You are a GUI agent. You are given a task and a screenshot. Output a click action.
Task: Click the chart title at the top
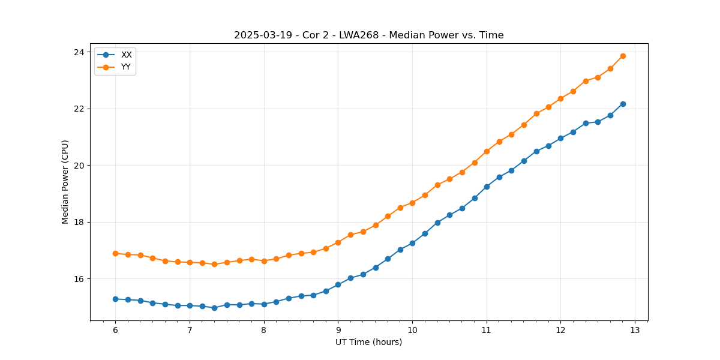(x=368, y=35)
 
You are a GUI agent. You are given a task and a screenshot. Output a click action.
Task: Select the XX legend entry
(x=126, y=55)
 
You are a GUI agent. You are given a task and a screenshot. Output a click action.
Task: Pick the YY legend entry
(x=126, y=67)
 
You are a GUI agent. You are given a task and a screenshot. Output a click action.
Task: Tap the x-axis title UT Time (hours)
(x=368, y=342)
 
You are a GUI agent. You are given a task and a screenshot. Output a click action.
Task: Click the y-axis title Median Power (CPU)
(x=65, y=182)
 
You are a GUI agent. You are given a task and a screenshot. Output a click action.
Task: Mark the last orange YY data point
(x=623, y=56)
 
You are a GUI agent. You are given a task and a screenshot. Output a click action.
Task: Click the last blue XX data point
(x=623, y=104)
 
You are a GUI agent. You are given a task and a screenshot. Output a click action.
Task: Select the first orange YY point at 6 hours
(x=115, y=253)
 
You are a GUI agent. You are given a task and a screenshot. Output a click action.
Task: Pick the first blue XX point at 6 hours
(x=115, y=299)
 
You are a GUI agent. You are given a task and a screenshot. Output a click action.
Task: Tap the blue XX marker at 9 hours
(x=338, y=284)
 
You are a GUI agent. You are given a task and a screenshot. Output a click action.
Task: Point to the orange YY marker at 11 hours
(x=487, y=151)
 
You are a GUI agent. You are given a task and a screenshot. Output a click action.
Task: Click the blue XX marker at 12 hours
(x=560, y=138)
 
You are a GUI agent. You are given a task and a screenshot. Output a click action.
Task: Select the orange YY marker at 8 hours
(x=264, y=261)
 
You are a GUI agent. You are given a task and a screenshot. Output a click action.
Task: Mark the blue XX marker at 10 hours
(x=412, y=243)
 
